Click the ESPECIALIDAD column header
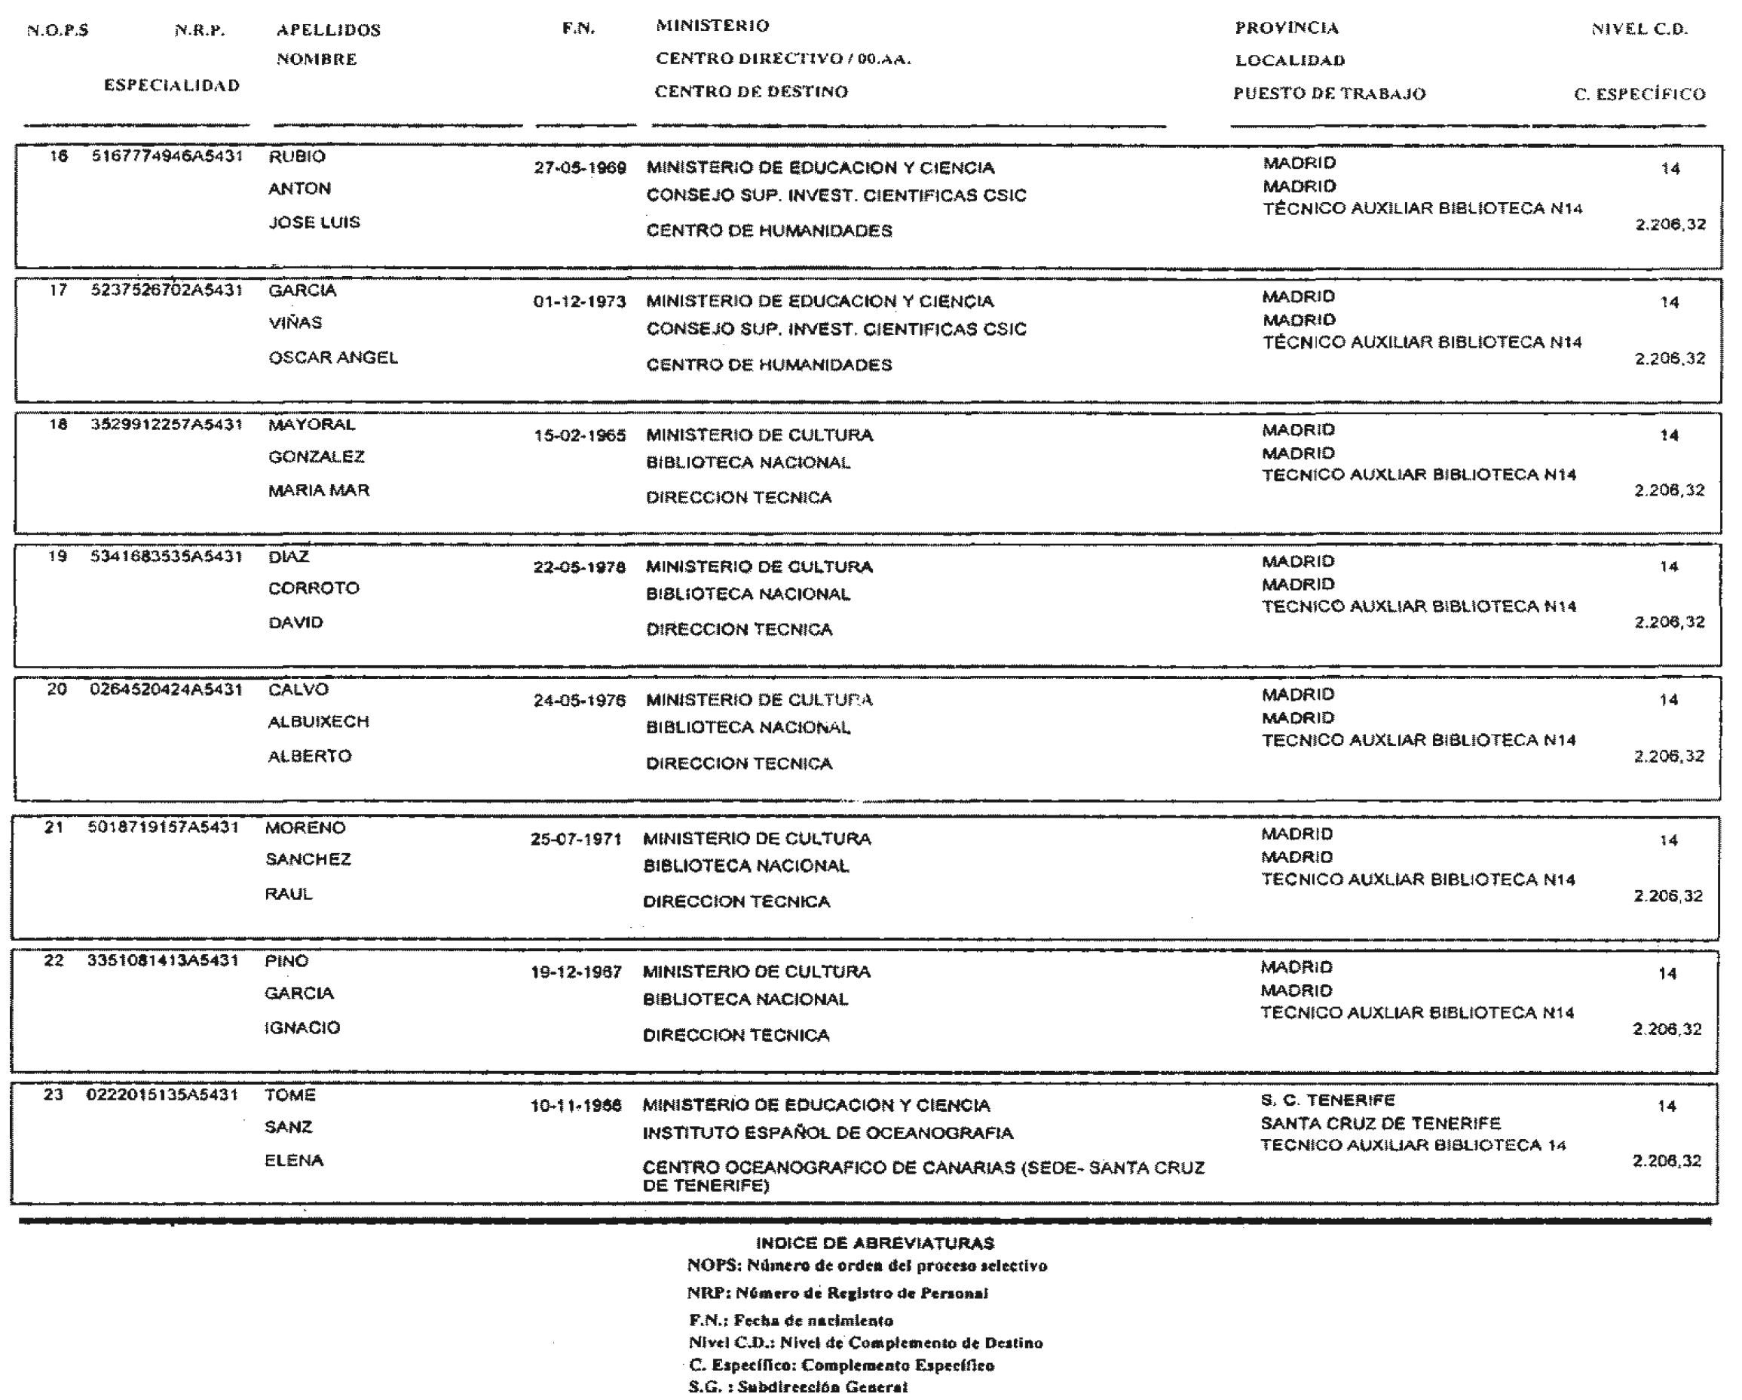pos(171,86)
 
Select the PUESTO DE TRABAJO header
pos(1329,94)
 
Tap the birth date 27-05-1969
pos(580,168)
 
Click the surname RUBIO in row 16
pos(296,157)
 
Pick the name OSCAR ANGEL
pos(333,358)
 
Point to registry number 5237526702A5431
pos(167,290)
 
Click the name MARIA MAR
pos(318,490)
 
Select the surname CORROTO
pos(314,588)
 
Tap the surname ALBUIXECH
pos(317,722)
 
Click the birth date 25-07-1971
pos(575,839)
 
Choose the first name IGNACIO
pos(302,1028)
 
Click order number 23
pos(54,1095)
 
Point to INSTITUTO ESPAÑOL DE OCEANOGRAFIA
pos(828,1133)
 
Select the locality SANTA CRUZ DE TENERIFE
pos(1380,1124)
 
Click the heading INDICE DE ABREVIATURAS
pos(874,1243)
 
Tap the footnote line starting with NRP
pos(837,1294)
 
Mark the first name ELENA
pos(294,1161)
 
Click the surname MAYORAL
pos(311,425)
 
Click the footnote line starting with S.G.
pos(798,1387)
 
